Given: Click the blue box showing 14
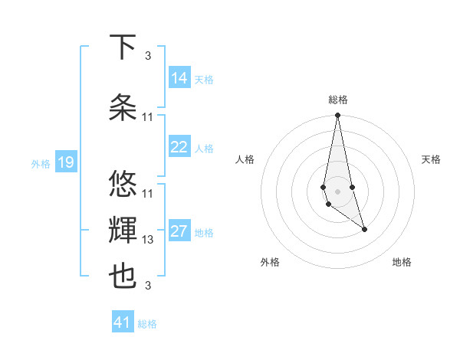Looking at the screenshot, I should (x=179, y=78).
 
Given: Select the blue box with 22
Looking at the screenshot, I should (x=179, y=147).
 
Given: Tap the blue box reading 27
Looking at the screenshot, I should (x=179, y=232).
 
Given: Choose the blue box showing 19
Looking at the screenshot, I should (x=66, y=162).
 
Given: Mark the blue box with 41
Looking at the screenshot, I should (x=123, y=322).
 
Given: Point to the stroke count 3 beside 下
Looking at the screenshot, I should (x=148, y=56).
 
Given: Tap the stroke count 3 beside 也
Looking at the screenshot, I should (x=148, y=286).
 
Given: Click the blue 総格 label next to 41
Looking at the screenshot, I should (x=147, y=324).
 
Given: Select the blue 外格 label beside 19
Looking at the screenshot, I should (x=41, y=163).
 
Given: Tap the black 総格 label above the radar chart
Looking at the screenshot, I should (x=337, y=100).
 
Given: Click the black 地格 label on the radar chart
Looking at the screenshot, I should (x=402, y=262).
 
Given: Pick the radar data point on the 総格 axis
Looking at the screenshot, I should (x=337, y=116).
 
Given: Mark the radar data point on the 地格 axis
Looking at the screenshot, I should (x=364, y=229).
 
